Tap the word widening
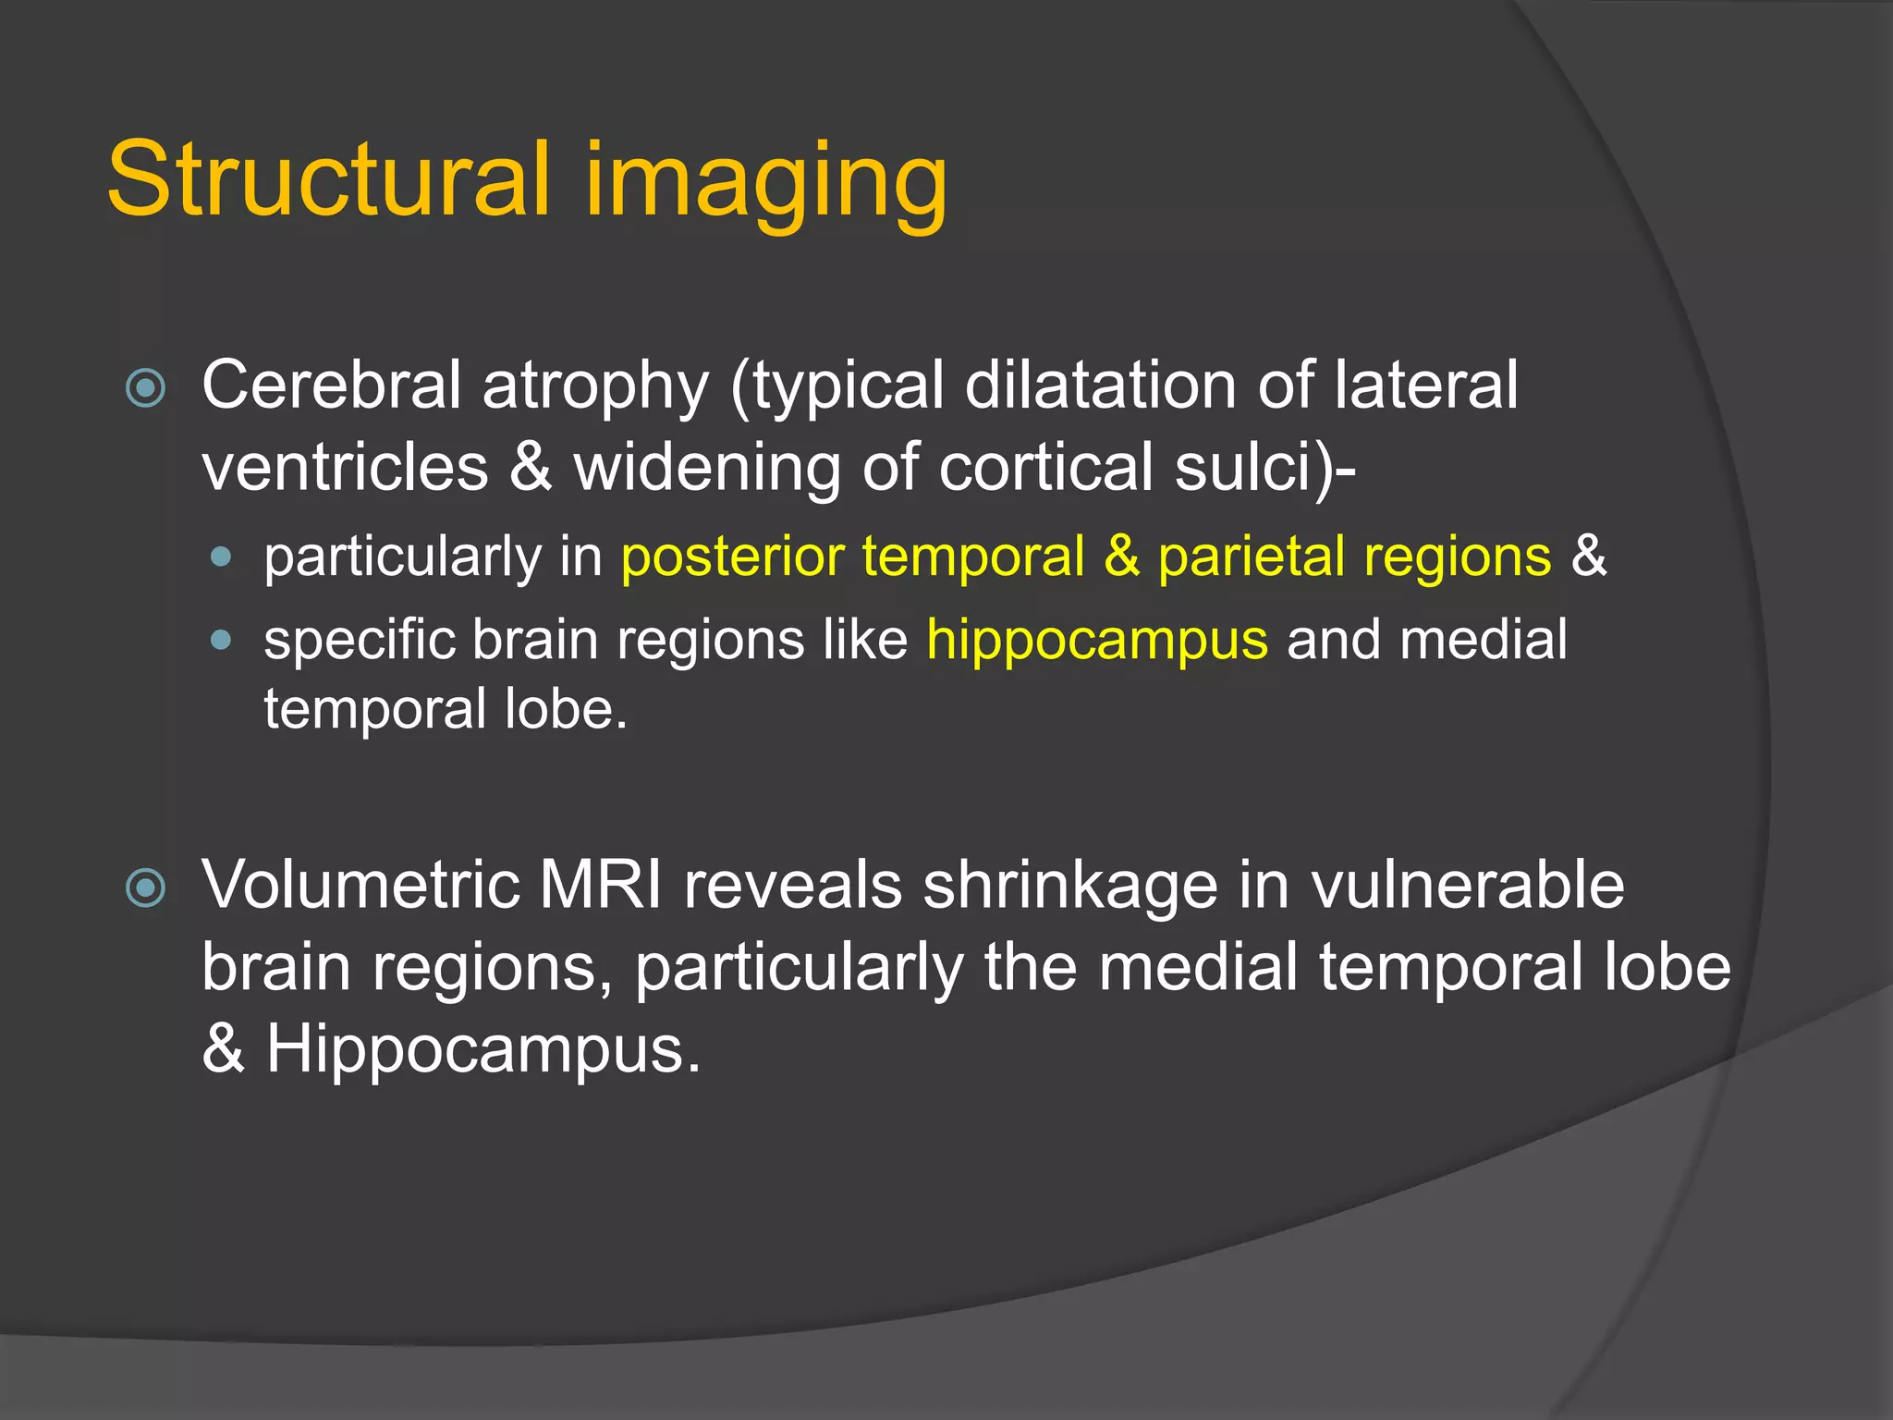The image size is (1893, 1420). coord(707,469)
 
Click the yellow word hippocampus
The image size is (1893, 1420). coord(1097,641)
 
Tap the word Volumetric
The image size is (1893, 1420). coord(360,885)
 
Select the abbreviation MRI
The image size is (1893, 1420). coord(600,885)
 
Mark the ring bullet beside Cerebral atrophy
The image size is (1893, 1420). coord(145,388)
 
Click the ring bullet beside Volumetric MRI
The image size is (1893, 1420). coord(145,888)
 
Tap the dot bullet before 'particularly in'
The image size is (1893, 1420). coord(220,557)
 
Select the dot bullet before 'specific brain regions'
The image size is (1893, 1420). coord(220,640)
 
